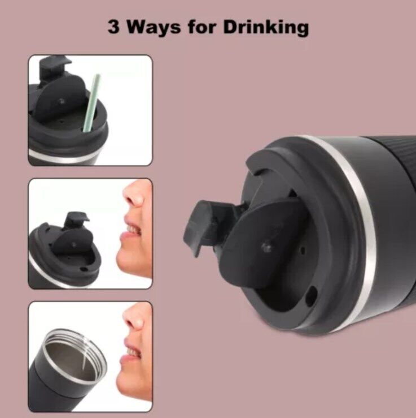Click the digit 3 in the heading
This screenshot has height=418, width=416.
pos(113,27)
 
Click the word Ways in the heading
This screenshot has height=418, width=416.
pos(154,28)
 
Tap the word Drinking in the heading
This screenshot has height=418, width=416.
pos(266,28)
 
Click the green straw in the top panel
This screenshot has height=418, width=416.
pos(91,103)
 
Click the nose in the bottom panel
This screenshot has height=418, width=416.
pos(135,319)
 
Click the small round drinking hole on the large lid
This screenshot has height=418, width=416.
pos(310,295)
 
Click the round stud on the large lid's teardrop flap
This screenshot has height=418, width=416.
pos(266,247)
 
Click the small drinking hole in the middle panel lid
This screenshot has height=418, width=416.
pos(83,269)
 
